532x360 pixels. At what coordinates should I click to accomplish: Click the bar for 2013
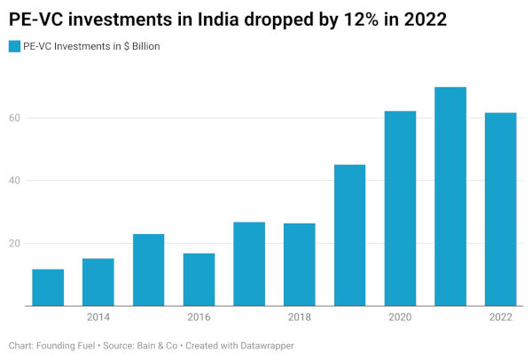click(48, 287)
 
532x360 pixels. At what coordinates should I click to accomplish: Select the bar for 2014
click(98, 282)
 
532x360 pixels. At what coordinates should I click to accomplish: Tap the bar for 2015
click(149, 270)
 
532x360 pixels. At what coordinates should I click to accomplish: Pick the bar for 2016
click(199, 279)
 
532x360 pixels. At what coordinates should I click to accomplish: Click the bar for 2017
click(249, 264)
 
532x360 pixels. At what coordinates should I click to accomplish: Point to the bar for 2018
click(300, 264)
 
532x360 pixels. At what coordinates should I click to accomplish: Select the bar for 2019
click(350, 235)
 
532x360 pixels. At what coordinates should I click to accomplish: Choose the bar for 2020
click(401, 208)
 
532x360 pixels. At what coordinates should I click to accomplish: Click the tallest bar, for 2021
click(450, 197)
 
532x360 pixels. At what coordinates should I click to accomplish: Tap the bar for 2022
click(501, 209)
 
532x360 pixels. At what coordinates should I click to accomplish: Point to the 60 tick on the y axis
click(14, 118)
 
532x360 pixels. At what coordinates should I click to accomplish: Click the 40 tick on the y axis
click(14, 181)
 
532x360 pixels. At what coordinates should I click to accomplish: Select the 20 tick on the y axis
click(14, 243)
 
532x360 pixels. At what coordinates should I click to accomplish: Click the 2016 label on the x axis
click(199, 317)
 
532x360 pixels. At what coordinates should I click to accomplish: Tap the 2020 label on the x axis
click(401, 317)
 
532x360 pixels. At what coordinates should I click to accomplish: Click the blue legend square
click(14, 46)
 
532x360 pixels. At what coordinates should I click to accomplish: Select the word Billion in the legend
click(146, 46)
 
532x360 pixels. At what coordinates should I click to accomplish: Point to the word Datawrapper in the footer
click(267, 346)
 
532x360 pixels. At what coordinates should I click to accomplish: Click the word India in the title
click(218, 20)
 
